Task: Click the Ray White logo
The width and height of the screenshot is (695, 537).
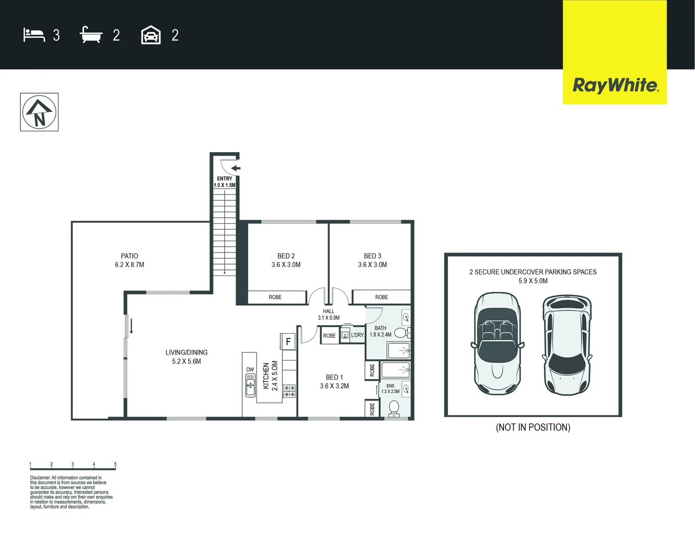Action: (615, 85)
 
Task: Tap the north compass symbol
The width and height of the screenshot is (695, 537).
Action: (39, 112)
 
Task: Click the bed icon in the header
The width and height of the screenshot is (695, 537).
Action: (34, 35)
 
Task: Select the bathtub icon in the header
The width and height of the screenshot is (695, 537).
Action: (91, 35)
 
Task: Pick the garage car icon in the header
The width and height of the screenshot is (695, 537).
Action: (151, 35)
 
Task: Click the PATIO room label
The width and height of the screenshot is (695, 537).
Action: (129, 256)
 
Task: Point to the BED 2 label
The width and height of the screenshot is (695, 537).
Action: (286, 256)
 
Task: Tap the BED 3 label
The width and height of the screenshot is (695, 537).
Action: (372, 256)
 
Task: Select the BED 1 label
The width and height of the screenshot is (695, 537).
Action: (334, 377)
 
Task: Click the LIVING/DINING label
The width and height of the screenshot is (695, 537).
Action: (186, 353)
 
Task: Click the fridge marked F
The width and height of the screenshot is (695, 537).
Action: (288, 342)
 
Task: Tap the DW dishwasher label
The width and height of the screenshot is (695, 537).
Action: (250, 369)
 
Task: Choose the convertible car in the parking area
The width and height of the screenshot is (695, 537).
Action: (498, 344)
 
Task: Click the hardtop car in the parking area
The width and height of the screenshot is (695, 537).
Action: (567, 345)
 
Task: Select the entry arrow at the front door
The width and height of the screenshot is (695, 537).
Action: (235, 168)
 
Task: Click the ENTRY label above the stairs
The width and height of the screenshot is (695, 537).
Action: (224, 179)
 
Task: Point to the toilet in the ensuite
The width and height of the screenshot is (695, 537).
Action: (394, 408)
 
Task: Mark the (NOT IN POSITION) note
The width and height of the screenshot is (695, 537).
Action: (533, 428)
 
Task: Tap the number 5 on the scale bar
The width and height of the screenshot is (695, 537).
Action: (115, 464)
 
